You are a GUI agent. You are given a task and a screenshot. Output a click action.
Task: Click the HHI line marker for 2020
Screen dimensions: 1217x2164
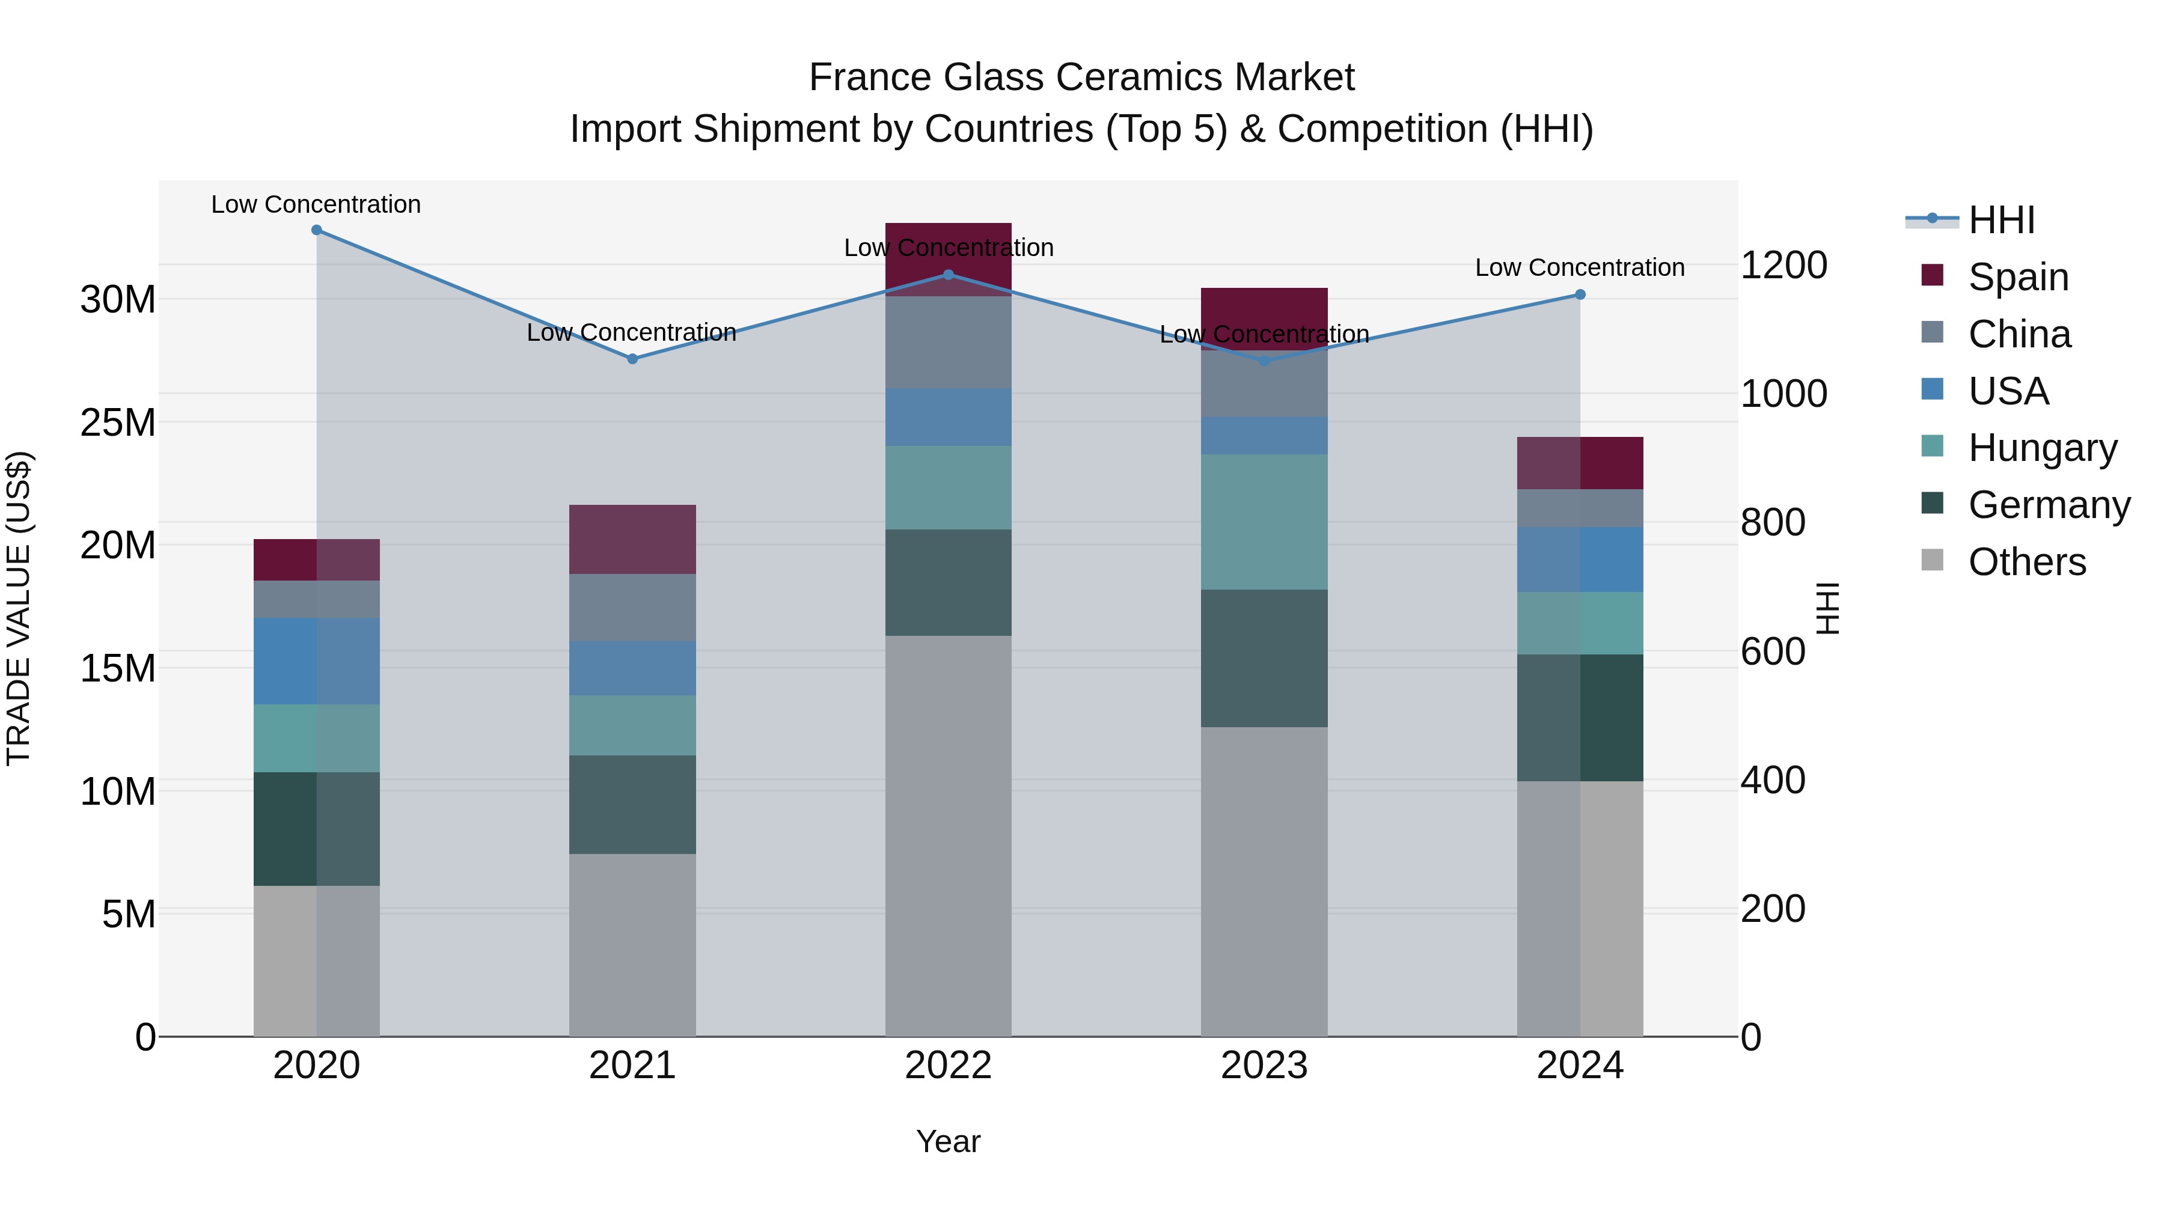(317, 230)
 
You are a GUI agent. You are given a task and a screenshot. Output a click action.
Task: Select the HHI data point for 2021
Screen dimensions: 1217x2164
(632, 359)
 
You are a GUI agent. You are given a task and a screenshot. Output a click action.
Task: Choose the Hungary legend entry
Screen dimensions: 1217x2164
(2042, 448)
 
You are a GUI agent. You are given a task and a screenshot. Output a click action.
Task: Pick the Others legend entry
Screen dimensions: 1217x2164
(2026, 562)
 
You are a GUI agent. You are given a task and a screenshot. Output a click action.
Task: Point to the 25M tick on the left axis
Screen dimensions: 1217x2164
(118, 422)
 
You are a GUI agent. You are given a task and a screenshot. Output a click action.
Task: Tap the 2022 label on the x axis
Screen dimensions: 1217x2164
(949, 1066)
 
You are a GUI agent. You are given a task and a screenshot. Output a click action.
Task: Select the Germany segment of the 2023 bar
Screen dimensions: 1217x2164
(1264, 659)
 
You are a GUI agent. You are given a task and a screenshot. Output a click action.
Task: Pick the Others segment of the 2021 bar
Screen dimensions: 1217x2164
(632, 945)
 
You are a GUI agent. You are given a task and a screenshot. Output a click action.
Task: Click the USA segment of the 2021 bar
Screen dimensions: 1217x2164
(632, 668)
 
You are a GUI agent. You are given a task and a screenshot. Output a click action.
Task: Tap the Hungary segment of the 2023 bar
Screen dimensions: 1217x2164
(1264, 522)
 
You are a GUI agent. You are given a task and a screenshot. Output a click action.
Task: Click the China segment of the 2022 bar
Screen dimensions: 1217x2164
(949, 343)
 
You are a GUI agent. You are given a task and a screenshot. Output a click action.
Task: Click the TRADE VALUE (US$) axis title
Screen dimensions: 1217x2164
(19, 608)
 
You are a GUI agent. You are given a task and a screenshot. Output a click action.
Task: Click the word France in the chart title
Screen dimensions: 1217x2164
(869, 78)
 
